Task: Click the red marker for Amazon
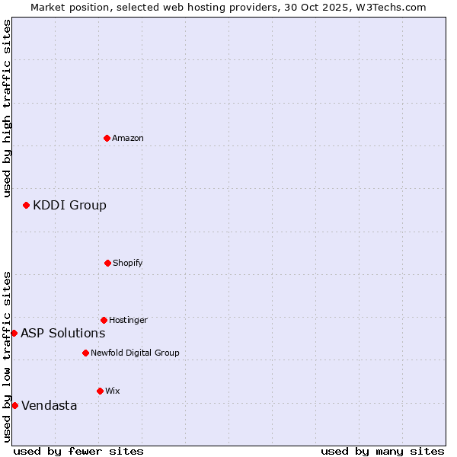(107, 138)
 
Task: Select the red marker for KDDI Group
(26, 205)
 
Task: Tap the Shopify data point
(107, 263)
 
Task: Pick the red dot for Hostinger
(104, 320)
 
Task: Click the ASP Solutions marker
(14, 333)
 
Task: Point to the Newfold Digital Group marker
(85, 353)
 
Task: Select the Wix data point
(100, 391)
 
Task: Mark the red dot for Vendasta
(14, 405)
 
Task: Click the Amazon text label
(128, 138)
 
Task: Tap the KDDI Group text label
(69, 205)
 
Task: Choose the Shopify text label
(128, 263)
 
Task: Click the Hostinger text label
(128, 320)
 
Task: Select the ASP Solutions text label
(62, 333)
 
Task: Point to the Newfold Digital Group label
(135, 353)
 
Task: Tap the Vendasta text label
(49, 405)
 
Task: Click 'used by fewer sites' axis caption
(78, 451)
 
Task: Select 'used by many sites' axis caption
(382, 451)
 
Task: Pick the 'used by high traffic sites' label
(7, 108)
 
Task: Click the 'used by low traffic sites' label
(7, 356)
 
